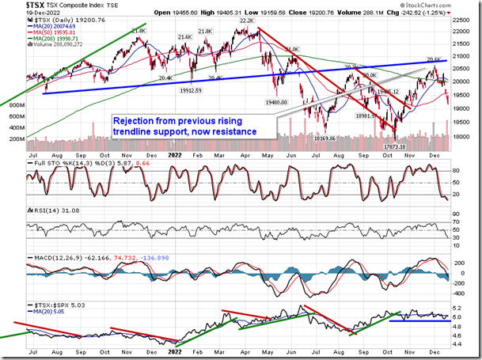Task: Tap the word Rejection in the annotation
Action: coord(134,119)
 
